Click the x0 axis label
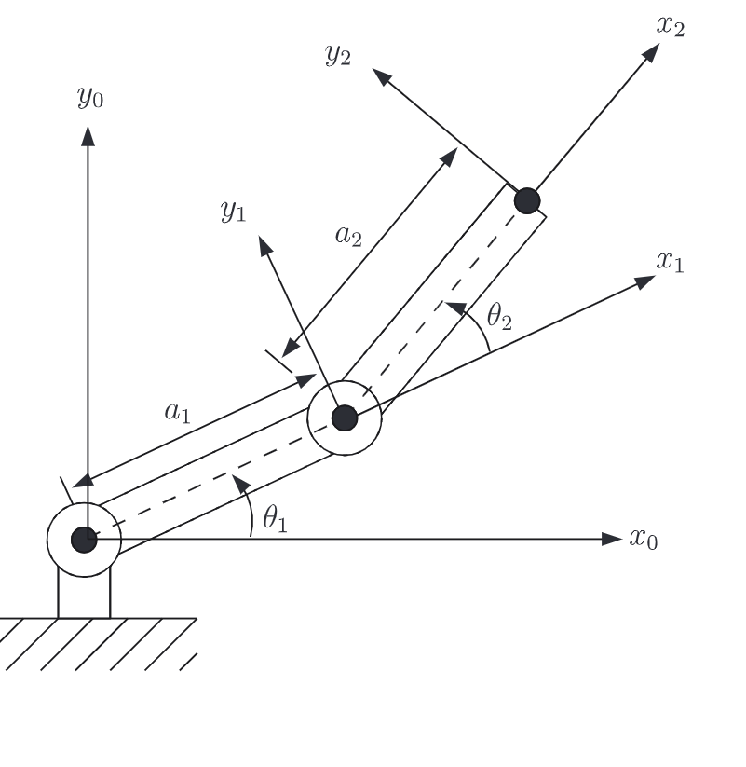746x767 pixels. pos(644,539)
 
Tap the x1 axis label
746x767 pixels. pos(670,262)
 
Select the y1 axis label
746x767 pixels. pos(233,212)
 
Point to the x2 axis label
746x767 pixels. pos(671,25)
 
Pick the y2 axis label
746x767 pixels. pos(338,55)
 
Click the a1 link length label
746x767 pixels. pos(177,412)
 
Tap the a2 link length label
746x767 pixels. pos(348,235)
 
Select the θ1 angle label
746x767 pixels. pos(274,519)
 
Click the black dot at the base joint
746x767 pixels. pos(84,539)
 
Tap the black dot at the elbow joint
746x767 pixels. pos(345,418)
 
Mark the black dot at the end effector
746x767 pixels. pos(527,200)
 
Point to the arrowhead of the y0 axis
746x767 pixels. pos(88,135)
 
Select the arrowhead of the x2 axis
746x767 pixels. pos(651,52)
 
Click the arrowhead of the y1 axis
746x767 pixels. pos(265,245)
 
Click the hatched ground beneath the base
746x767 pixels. pos(93,643)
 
